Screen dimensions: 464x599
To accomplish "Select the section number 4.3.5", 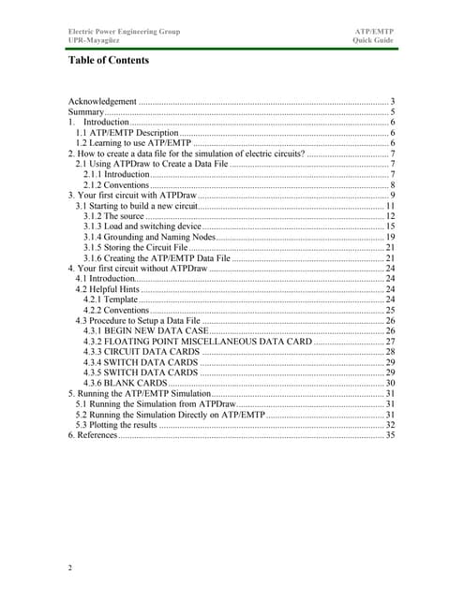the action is [x=96, y=373].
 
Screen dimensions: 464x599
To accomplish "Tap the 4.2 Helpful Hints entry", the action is [x=109, y=289].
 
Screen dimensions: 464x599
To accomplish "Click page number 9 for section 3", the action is [x=392, y=195].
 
